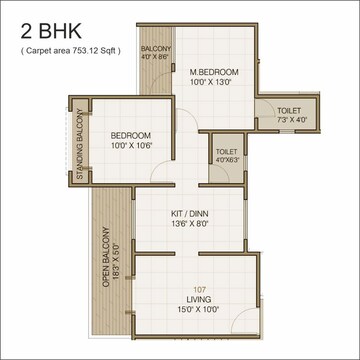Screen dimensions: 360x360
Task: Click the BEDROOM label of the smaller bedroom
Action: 130,136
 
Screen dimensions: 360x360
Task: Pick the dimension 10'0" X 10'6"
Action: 130,147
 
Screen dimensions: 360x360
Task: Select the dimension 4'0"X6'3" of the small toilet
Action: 227,158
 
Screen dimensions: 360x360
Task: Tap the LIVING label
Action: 199,300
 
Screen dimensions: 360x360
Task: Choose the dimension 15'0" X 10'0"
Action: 199,311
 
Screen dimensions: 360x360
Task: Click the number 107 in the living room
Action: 199,290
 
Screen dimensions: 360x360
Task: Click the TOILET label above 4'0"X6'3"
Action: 227,150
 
